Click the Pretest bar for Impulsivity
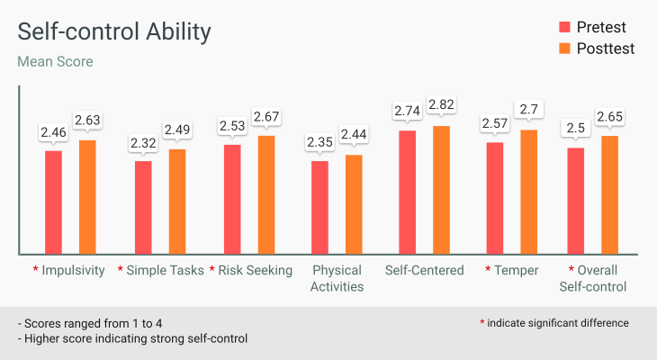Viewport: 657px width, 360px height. pyautogui.click(x=53, y=202)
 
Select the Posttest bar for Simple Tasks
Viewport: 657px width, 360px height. pyautogui.click(x=177, y=201)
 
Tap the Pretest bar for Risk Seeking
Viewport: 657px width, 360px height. pyautogui.click(x=232, y=199)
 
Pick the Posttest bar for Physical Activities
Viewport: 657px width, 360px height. pyautogui.click(x=354, y=203)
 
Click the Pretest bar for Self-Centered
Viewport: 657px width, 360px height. pyautogui.click(x=407, y=192)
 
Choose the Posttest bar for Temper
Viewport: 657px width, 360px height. pyautogui.click(x=529, y=192)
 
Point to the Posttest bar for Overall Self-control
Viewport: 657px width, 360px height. pyautogui.click(x=610, y=194)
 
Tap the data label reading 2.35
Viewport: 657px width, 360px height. pyautogui.click(x=319, y=143)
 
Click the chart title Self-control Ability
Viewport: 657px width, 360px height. pyautogui.click(x=114, y=32)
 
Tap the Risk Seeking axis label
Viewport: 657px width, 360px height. pyautogui.click(x=256, y=270)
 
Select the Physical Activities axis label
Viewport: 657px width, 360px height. pyautogui.click(x=337, y=278)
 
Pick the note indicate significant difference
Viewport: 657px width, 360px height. pyautogui.click(x=558, y=322)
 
